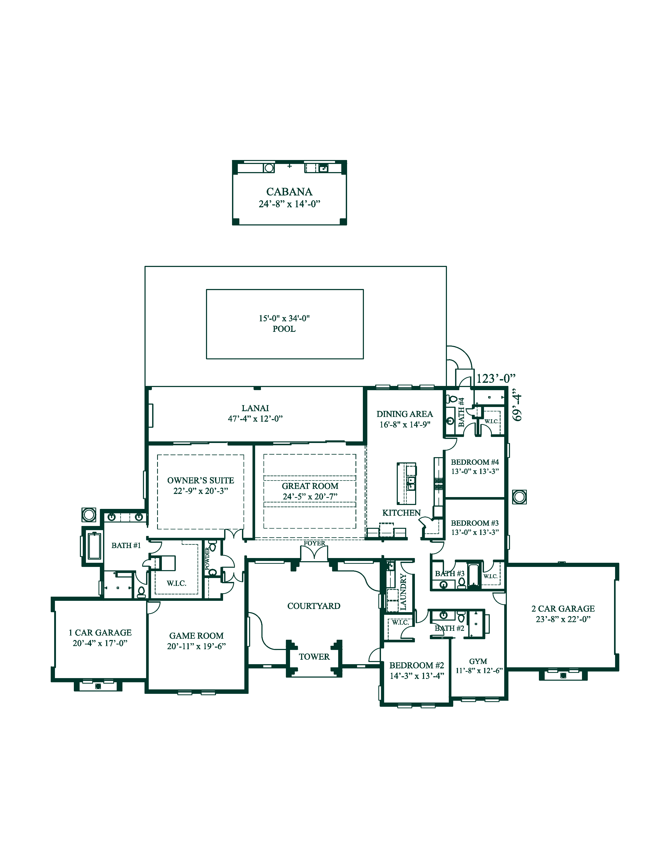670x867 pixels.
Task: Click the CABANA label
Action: [x=289, y=192]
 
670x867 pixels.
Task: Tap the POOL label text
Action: [x=284, y=329]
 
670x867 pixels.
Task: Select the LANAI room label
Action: [x=255, y=408]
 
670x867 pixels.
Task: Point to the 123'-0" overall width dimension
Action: [x=495, y=379]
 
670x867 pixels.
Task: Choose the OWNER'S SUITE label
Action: [x=200, y=480]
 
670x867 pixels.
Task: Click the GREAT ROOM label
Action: [x=310, y=486]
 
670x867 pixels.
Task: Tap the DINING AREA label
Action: [x=404, y=414]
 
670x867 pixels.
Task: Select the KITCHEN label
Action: [x=401, y=513]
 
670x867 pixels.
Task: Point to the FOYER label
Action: [x=314, y=543]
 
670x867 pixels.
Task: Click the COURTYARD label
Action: [x=313, y=606]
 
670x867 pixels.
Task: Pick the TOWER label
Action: [x=314, y=657]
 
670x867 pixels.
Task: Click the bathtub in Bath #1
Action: [x=94, y=546]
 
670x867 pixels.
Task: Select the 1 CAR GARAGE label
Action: [x=100, y=632]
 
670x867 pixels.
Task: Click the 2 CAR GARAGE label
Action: [x=563, y=608]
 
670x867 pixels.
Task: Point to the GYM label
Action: [x=478, y=661]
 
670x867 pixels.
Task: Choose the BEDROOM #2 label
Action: [x=416, y=665]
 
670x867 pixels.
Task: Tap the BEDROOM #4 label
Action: [x=475, y=462]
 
